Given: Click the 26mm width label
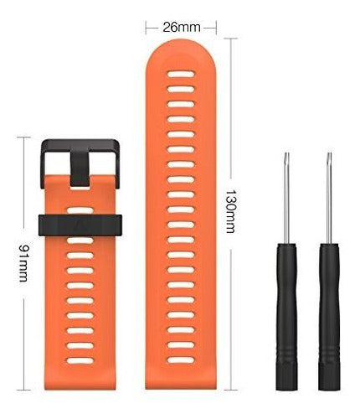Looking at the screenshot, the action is tap(182, 28).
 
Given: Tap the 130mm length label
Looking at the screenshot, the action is tap(230, 211).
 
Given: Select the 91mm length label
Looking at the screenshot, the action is tap(23, 263).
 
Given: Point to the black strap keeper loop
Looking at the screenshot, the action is tap(80, 225).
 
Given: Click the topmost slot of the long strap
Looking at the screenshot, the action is tap(181, 74).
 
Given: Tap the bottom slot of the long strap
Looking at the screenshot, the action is tap(181, 360).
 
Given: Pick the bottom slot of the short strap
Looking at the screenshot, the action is tap(80, 360).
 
